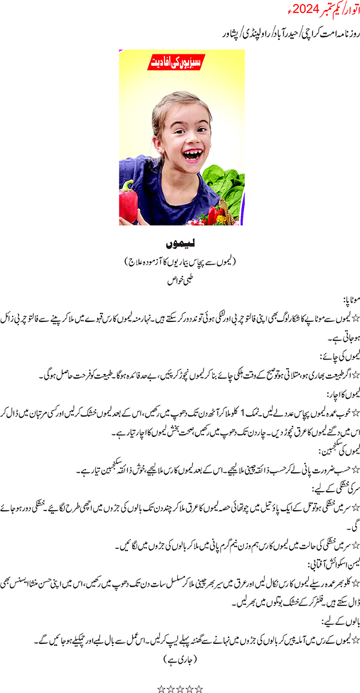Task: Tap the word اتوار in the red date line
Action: [x=348, y=10]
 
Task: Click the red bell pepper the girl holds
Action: [x=128, y=202]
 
